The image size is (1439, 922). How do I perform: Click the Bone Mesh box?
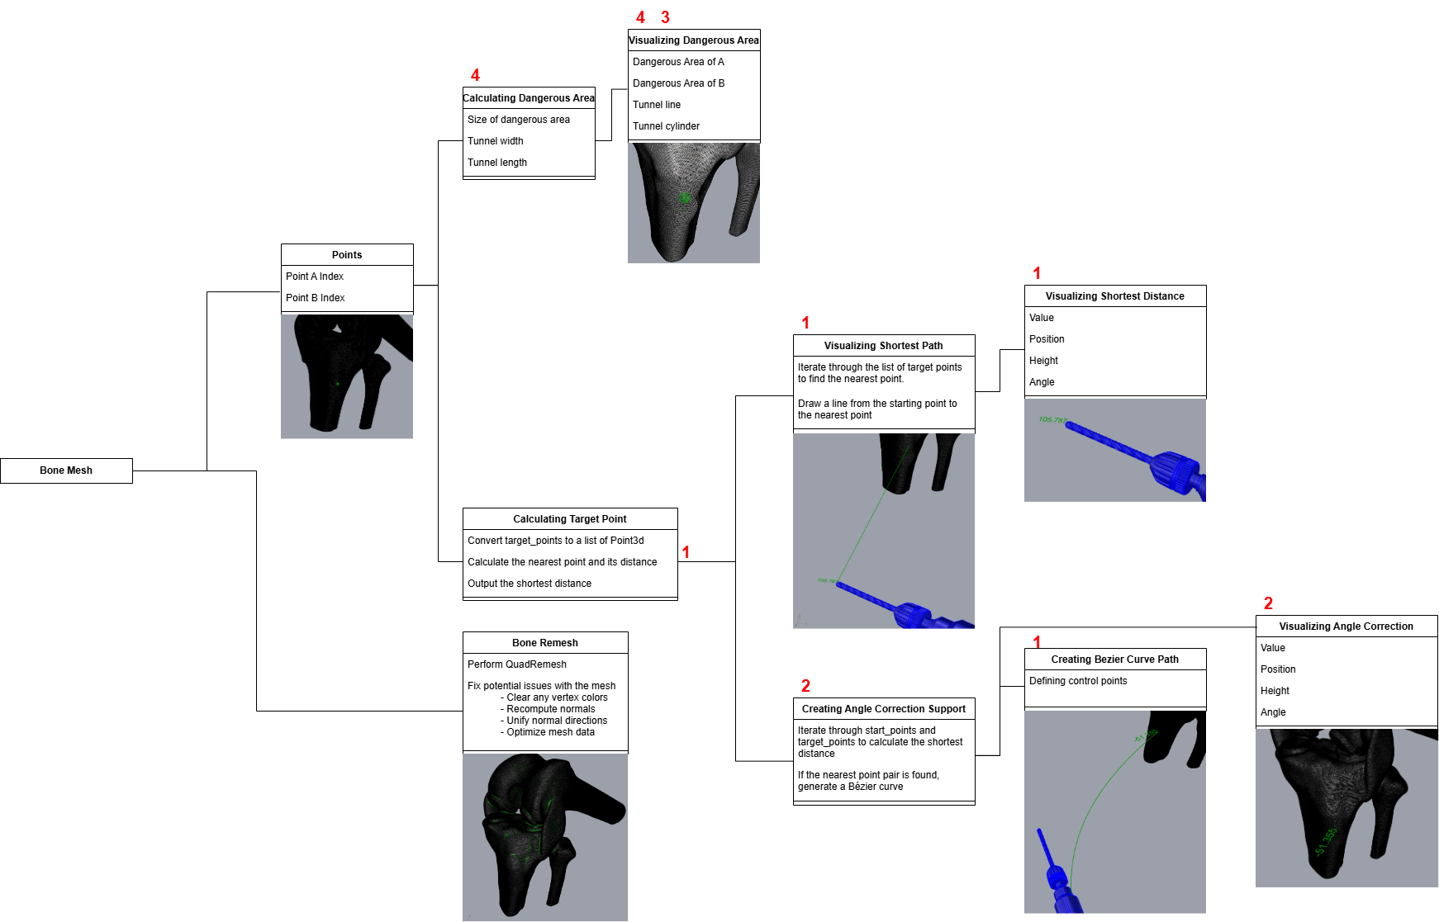tap(66, 470)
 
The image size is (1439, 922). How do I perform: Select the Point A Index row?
tap(315, 277)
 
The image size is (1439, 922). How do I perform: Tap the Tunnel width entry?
tap(496, 141)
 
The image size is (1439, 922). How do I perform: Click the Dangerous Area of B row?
tap(678, 83)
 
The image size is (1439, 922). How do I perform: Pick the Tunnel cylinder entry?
tap(666, 126)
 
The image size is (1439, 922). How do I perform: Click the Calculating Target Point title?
tap(569, 519)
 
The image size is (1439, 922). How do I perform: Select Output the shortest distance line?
tap(530, 584)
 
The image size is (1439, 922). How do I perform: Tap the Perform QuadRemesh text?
tap(517, 664)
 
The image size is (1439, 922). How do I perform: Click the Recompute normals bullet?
tap(550, 709)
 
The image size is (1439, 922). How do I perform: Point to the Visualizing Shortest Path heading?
tap(883, 346)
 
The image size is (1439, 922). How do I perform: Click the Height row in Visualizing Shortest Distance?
tap(1043, 361)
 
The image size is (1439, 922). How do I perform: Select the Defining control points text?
tap(1078, 681)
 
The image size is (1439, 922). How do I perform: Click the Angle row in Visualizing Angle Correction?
tap(1273, 712)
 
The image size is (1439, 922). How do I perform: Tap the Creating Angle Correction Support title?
tap(883, 709)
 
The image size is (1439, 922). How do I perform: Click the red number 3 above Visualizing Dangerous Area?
tap(665, 17)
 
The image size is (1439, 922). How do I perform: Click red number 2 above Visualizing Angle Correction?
tap(1268, 603)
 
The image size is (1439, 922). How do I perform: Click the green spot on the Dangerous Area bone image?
tap(685, 197)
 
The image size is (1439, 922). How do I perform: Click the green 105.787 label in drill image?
tap(1052, 420)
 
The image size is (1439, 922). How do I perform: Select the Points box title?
tap(347, 255)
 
